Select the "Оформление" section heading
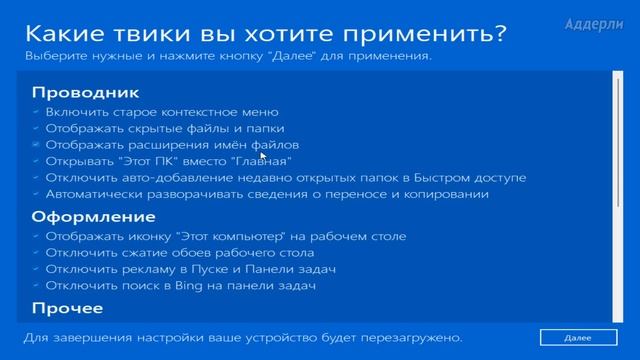click(79, 216)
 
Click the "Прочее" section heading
click(67, 308)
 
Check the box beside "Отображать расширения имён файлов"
click(37, 145)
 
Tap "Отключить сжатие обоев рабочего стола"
click(179, 253)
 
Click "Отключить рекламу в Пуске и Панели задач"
click(189, 269)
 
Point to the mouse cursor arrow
click(263, 156)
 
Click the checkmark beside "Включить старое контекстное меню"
click(37, 112)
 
